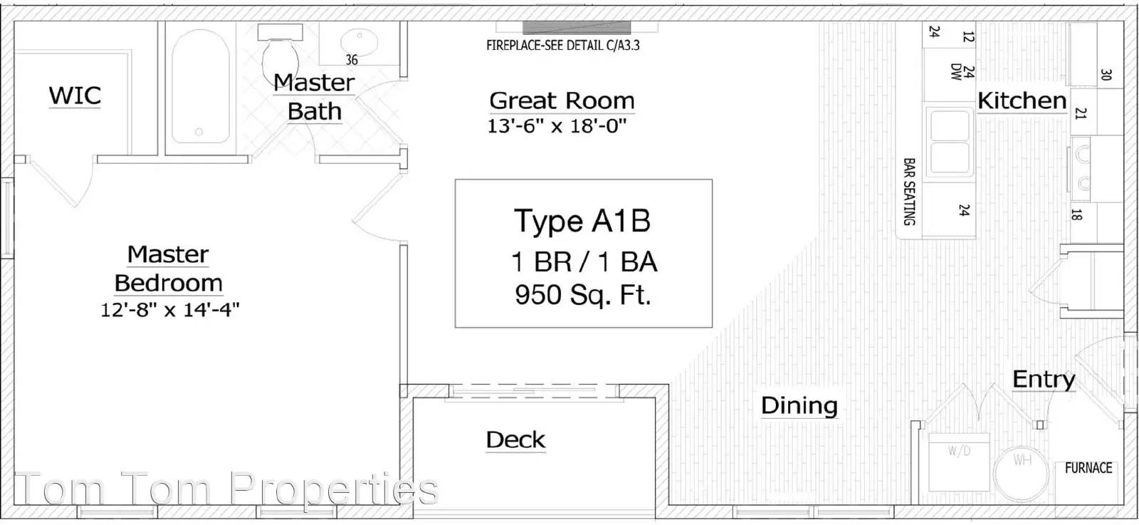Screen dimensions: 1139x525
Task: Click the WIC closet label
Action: coord(75,95)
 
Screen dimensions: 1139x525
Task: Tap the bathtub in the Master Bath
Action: coord(200,86)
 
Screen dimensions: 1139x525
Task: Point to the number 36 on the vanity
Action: coord(352,60)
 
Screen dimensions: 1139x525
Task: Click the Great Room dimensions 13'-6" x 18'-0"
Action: coord(557,125)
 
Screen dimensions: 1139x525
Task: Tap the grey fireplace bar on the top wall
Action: coord(577,28)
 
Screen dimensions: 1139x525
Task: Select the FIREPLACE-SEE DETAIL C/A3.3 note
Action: coord(563,46)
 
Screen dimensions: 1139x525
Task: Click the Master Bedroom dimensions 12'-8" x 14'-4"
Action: coord(170,309)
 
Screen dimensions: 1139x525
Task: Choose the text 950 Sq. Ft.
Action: coord(583,295)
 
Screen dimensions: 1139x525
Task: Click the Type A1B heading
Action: coord(582,221)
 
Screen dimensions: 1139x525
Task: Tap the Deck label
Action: coord(515,440)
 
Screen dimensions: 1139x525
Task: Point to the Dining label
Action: coord(799,405)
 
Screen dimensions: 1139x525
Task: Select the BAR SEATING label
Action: coord(909,192)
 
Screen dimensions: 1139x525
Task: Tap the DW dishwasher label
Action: coord(956,72)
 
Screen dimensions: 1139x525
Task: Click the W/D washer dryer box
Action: coord(959,462)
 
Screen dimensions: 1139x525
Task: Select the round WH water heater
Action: coord(1021,473)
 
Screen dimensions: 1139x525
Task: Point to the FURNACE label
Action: coord(1088,467)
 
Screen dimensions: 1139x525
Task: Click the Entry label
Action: coord(1044,380)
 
